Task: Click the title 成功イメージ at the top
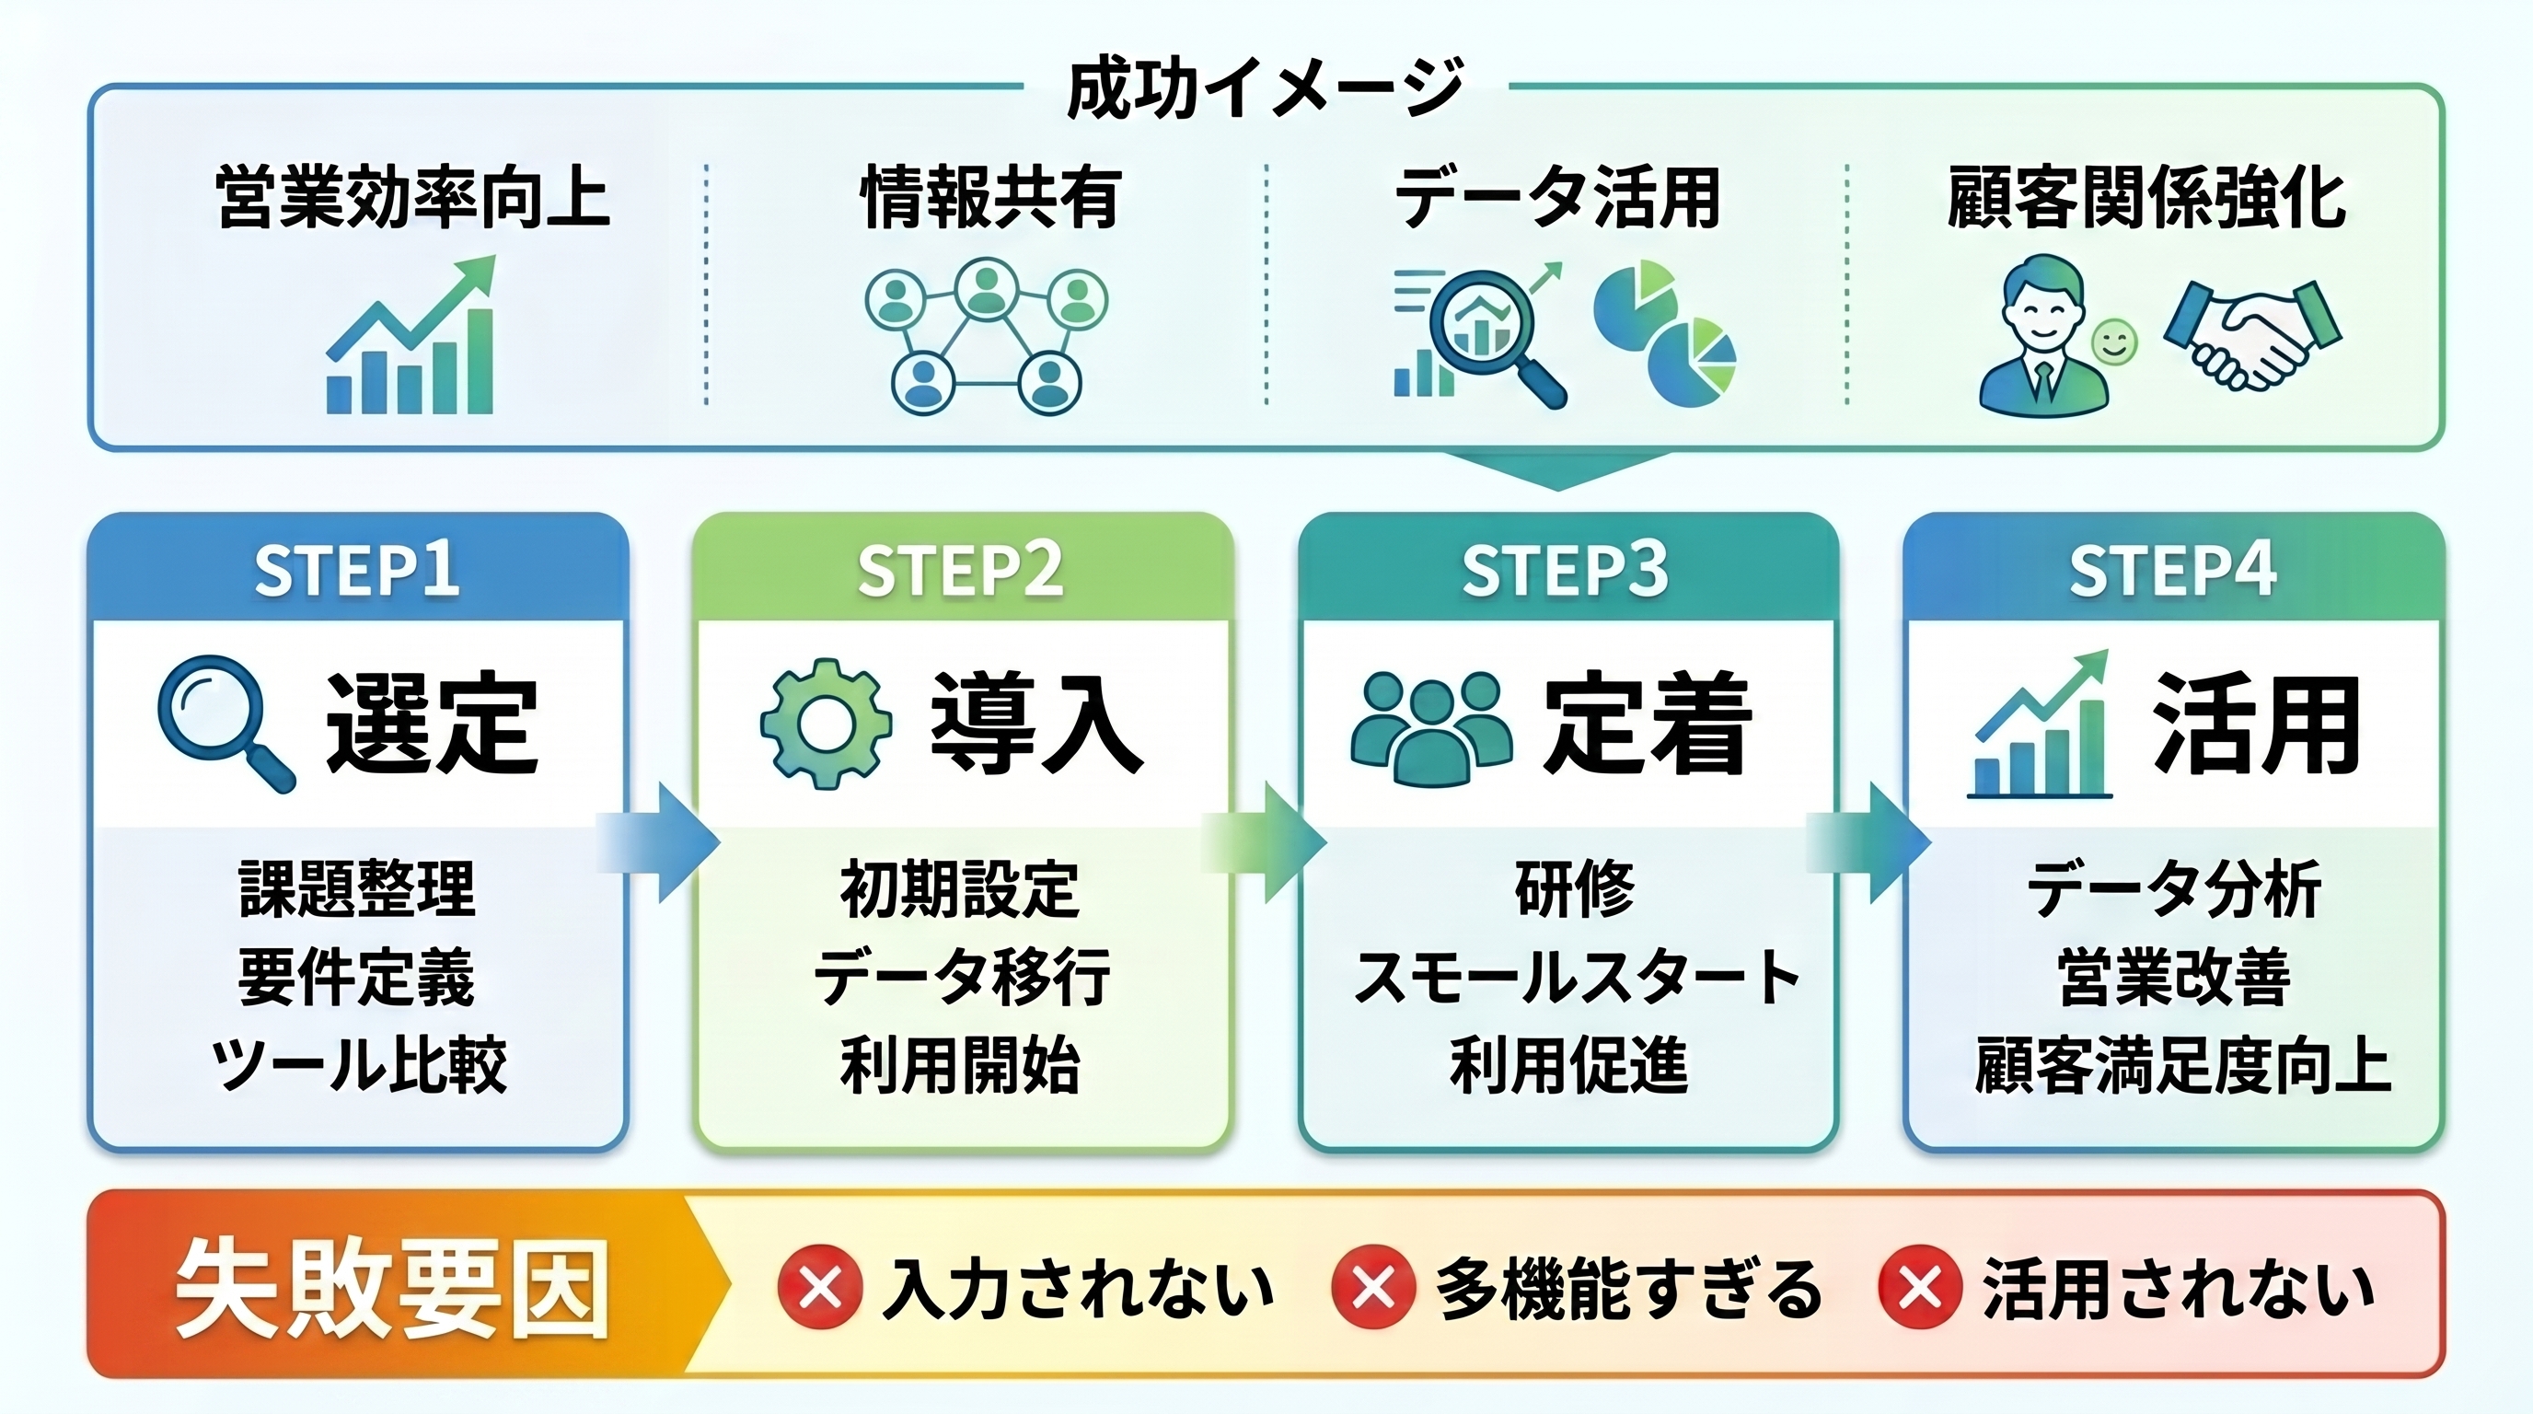(x=1266, y=88)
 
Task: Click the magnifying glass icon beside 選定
(x=226, y=723)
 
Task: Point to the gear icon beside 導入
(x=826, y=724)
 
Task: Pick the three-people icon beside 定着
(x=1430, y=723)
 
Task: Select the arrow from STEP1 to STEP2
(x=659, y=842)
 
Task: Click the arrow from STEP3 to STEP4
(x=1869, y=842)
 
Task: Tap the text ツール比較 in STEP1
(x=359, y=1064)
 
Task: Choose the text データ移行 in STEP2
(x=962, y=977)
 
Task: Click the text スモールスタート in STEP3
(x=1577, y=977)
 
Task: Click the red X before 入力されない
(x=820, y=1287)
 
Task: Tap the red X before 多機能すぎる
(x=1373, y=1287)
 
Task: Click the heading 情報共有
(x=990, y=198)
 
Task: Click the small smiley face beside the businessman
(x=2113, y=343)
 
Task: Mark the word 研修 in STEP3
(x=1574, y=888)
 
